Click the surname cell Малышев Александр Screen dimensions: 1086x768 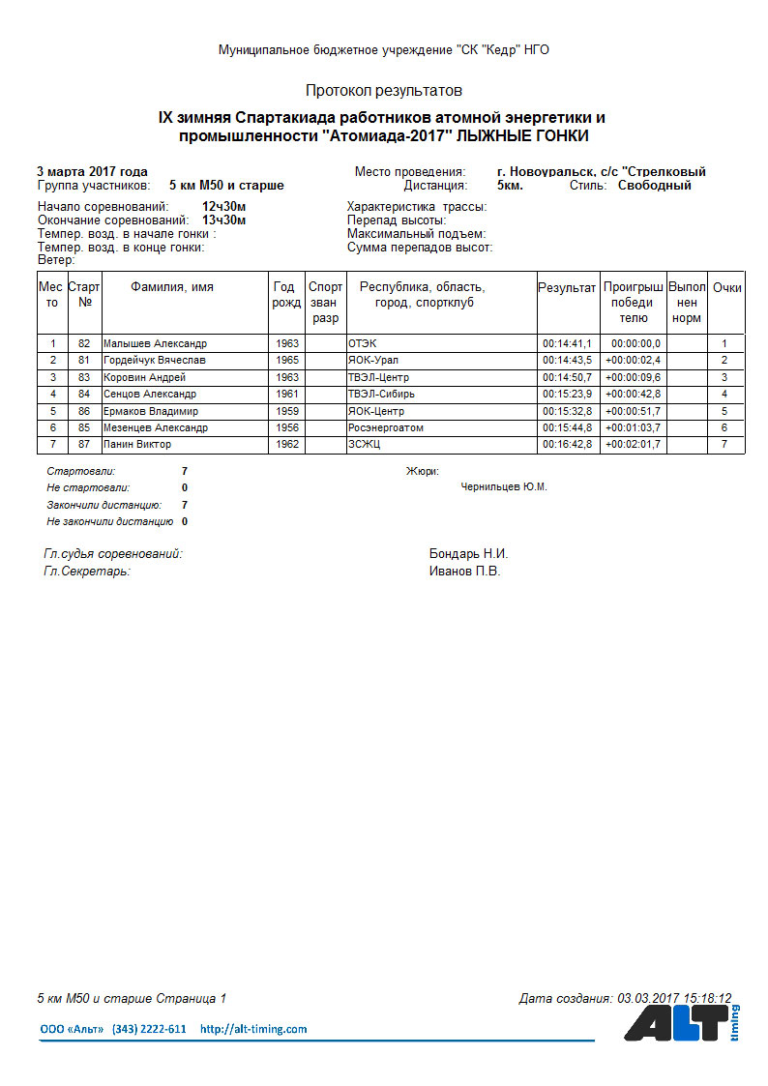(x=155, y=343)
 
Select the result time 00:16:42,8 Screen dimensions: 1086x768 (x=567, y=445)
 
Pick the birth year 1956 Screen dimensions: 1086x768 (x=286, y=427)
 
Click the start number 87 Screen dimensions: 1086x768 (x=84, y=445)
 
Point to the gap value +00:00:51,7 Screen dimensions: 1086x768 (x=633, y=411)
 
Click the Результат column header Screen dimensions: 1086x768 (x=567, y=288)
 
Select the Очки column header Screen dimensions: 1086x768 (x=726, y=288)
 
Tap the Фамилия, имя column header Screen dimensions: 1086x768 (x=172, y=287)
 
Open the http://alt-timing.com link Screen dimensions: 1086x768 (x=253, y=1029)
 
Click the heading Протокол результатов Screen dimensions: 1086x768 (x=384, y=91)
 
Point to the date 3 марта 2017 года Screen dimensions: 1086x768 (x=92, y=171)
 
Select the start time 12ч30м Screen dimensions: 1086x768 (x=223, y=207)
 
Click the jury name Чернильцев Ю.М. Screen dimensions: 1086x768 (x=504, y=487)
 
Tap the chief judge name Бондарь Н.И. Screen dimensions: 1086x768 (x=468, y=554)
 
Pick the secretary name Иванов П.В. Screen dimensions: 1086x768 (x=464, y=572)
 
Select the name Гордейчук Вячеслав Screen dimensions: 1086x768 (x=154, y=361)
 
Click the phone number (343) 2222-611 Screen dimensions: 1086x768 (x=149, y=1029)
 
